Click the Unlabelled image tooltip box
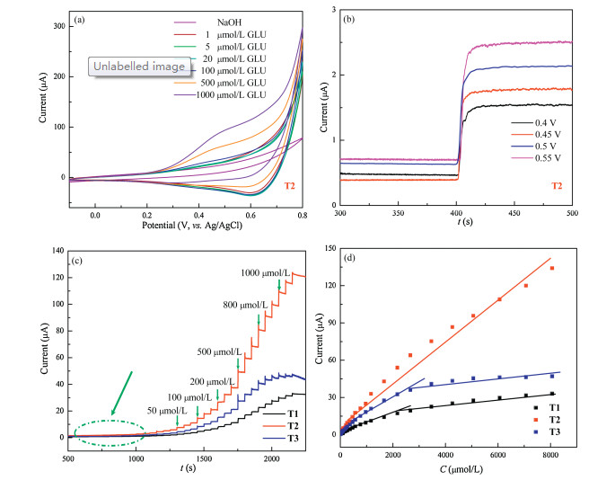131,66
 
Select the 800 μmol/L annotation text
240,305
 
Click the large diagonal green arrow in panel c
121,392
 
